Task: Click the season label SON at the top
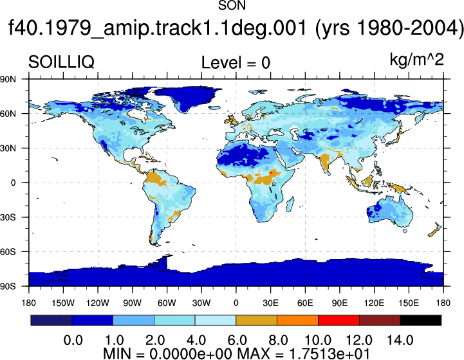point(232,5)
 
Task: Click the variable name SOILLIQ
point(61,62)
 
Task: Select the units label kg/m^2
point(416,60)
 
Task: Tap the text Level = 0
point(236,62)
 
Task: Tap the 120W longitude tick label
point(98,303)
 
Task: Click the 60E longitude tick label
point(305,303)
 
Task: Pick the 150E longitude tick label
point(409,303)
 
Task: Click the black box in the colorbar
point(420,320)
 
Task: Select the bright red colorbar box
point(339,320)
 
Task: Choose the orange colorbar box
point(297,320)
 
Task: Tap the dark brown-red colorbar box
point(380,320)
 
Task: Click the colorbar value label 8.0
point(277,341)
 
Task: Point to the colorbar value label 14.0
point(400,341)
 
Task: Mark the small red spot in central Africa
point(270,172)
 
